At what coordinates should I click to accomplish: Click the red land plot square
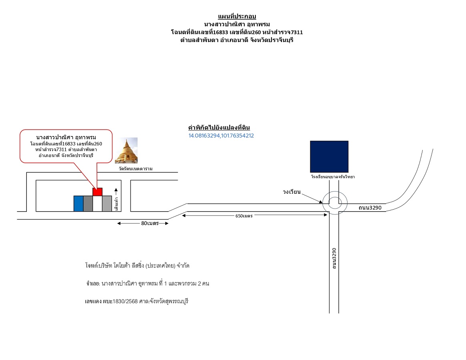click(97, 192)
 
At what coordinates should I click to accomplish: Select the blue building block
click(78, 204)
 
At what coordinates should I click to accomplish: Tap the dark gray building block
click(88, 204)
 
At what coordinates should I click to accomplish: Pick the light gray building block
click(107, 204)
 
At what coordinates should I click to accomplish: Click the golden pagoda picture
click(126, 150)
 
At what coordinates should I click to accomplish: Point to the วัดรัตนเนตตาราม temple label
click(136, 169)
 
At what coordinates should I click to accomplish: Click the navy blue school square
click(329, 156)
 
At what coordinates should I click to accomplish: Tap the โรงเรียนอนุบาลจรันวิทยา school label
click(333, 177)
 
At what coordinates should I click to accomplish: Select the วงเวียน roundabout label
click(291, 192)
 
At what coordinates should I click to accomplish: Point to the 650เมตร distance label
click(244, 216)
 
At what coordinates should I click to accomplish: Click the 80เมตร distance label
click(150, 223)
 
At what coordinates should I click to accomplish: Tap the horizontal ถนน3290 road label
click(370, 208)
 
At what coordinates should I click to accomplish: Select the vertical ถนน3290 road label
click(334, 258)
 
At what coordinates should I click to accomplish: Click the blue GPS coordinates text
click(221, 136)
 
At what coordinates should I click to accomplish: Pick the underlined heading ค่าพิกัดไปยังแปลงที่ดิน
click(219, 128)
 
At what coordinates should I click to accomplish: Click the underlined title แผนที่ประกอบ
click(237, 16)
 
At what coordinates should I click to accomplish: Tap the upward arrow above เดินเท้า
click(116, 192)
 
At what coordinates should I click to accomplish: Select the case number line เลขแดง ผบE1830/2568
click(137, 302)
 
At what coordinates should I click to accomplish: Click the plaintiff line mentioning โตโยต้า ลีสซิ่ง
click(137, 266)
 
